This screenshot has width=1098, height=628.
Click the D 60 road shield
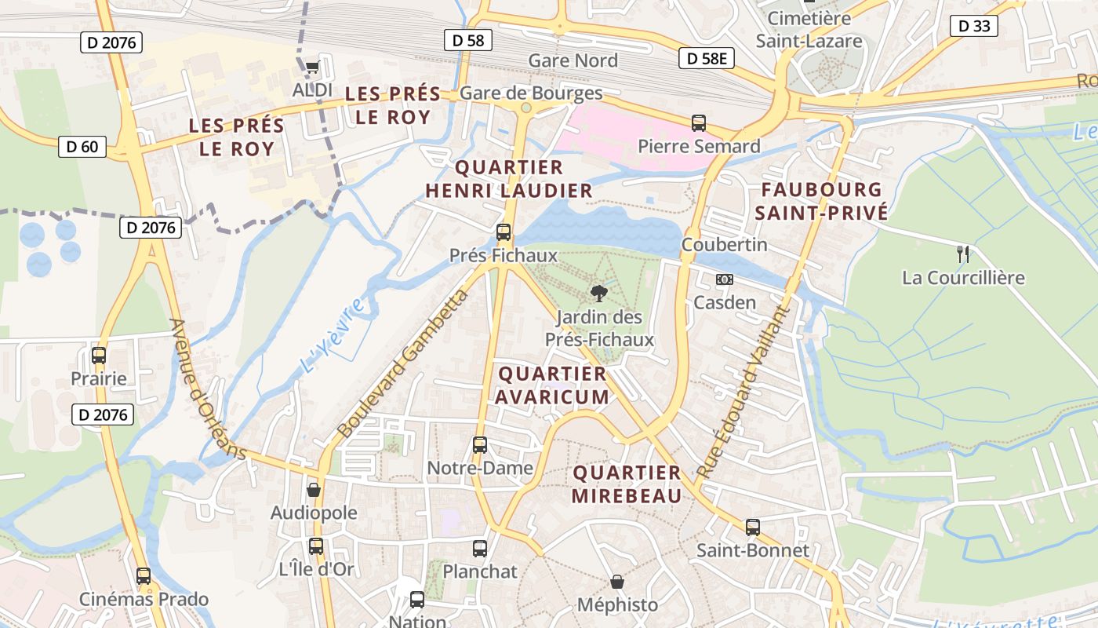[82, 146]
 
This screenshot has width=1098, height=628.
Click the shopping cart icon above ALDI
[312, 67]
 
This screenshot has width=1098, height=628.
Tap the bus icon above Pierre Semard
[699, 123]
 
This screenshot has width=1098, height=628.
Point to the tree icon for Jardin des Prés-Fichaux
[598, 294]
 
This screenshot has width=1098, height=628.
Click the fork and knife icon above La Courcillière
[963, 254]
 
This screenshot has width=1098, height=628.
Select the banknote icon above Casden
[725, 279]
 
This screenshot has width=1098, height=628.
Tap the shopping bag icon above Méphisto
[617, 582]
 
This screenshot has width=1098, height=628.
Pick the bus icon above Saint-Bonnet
[753, 527]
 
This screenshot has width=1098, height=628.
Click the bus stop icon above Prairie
[99, 355]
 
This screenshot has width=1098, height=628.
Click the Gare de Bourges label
[531, 93]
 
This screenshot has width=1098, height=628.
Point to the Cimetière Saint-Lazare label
[814, 30]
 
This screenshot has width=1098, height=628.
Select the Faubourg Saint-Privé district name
[821, 201]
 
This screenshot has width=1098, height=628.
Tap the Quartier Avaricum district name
[552, 385]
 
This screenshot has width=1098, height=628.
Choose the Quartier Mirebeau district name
[627, 484]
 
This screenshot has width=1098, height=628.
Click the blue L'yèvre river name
[333, 335]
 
